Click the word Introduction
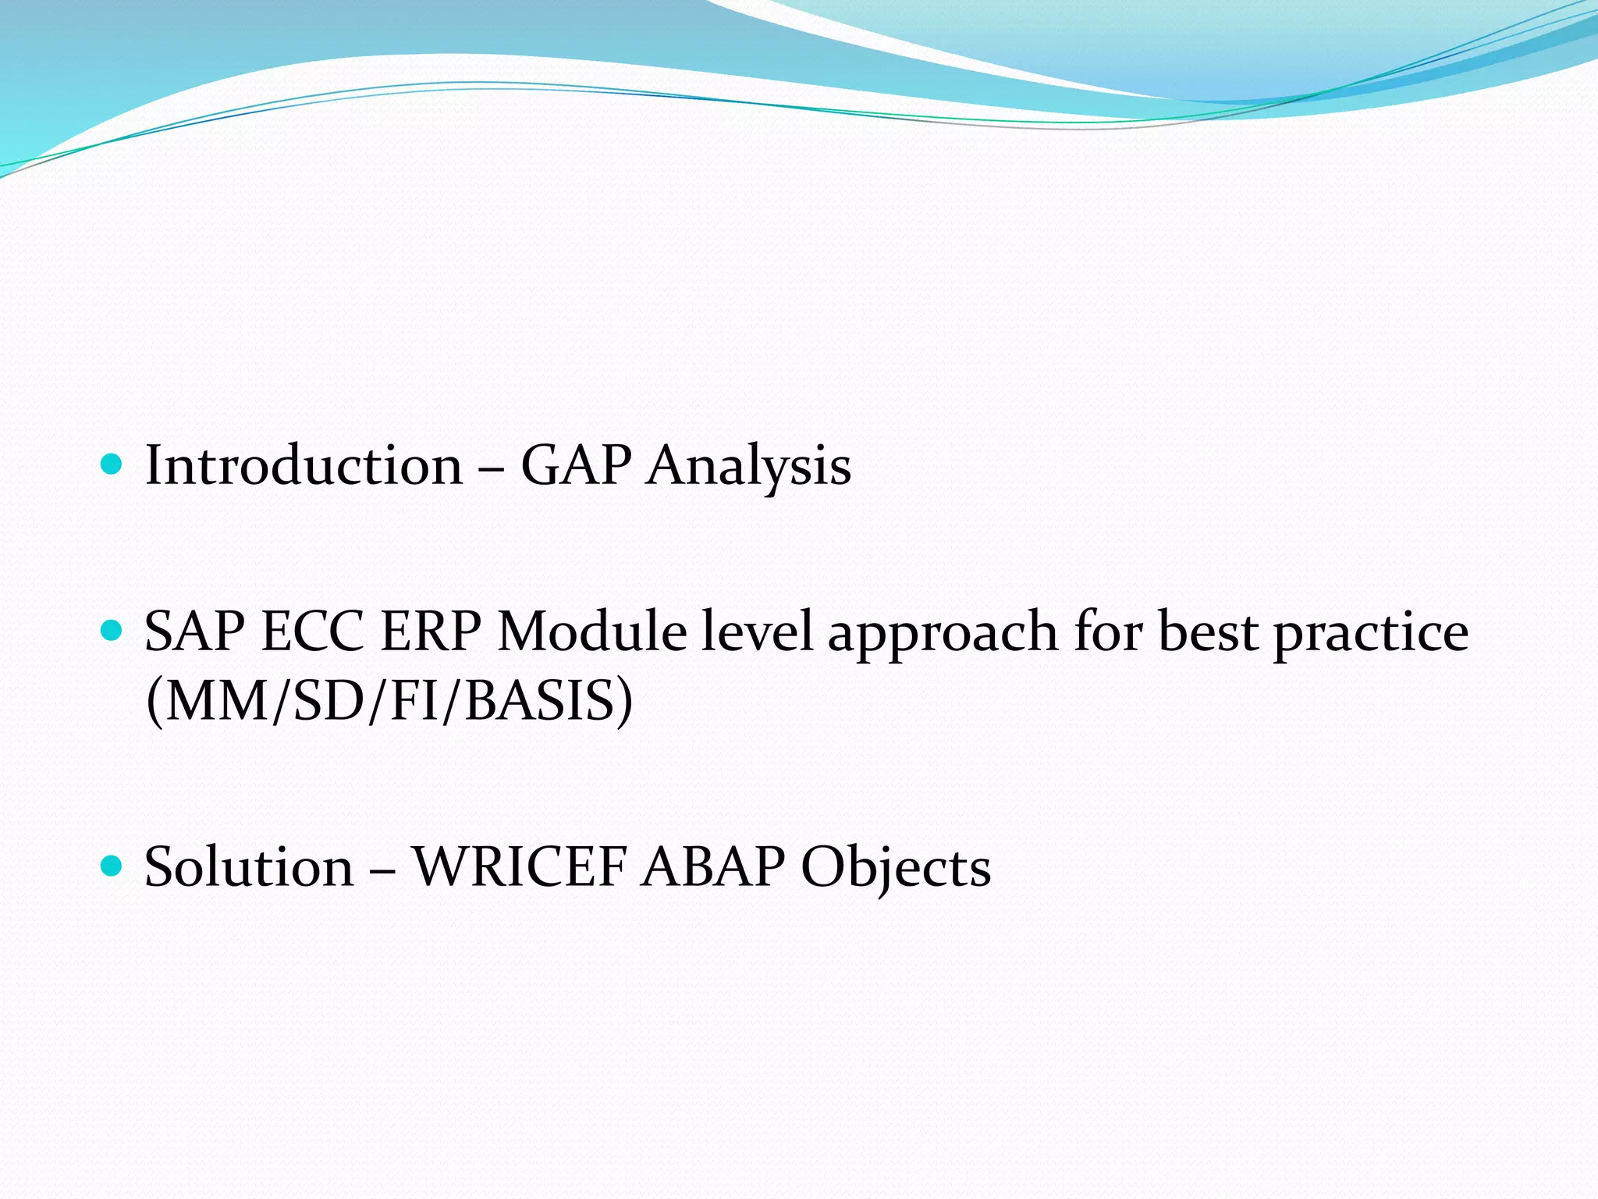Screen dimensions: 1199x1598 pos(304,466)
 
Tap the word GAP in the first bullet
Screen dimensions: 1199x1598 pos(576,466)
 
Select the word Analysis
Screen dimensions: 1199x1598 pos(748,468)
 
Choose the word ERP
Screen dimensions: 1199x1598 pos(430,631)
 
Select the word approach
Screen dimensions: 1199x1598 pos(943,634)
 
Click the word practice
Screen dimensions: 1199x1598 pos(1371,634)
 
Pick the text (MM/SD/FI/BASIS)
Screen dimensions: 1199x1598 pos(389,701)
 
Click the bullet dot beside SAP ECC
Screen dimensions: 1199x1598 pos(112,631)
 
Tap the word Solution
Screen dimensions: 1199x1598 pos(249,867)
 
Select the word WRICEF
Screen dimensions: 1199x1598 pos(520,867)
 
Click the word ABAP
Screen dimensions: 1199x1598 pos(713,867)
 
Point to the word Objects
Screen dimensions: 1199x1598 pos(896,869)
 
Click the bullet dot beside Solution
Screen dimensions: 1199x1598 pos(112,866)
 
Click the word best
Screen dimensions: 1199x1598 pos(1208,631)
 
